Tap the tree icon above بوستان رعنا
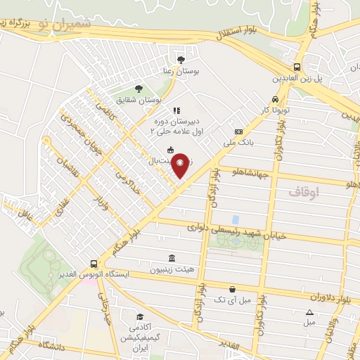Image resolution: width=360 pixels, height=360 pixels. tap(181, 59)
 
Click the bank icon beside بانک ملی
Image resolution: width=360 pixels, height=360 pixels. tap(238, 131)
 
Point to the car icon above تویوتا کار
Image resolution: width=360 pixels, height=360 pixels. tap(274, 99)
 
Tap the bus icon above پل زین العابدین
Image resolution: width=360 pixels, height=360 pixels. tap(297, 67)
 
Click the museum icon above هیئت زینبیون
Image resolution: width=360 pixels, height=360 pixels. tap(173, 257)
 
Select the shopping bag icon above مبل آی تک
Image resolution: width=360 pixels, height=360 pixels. tap(232, 289)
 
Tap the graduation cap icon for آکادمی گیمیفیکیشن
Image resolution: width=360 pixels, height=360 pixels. tap(140, 317)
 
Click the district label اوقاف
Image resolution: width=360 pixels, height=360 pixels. tap(304, 191)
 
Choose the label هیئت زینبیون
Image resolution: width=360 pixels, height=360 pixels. tap(172, 269)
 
